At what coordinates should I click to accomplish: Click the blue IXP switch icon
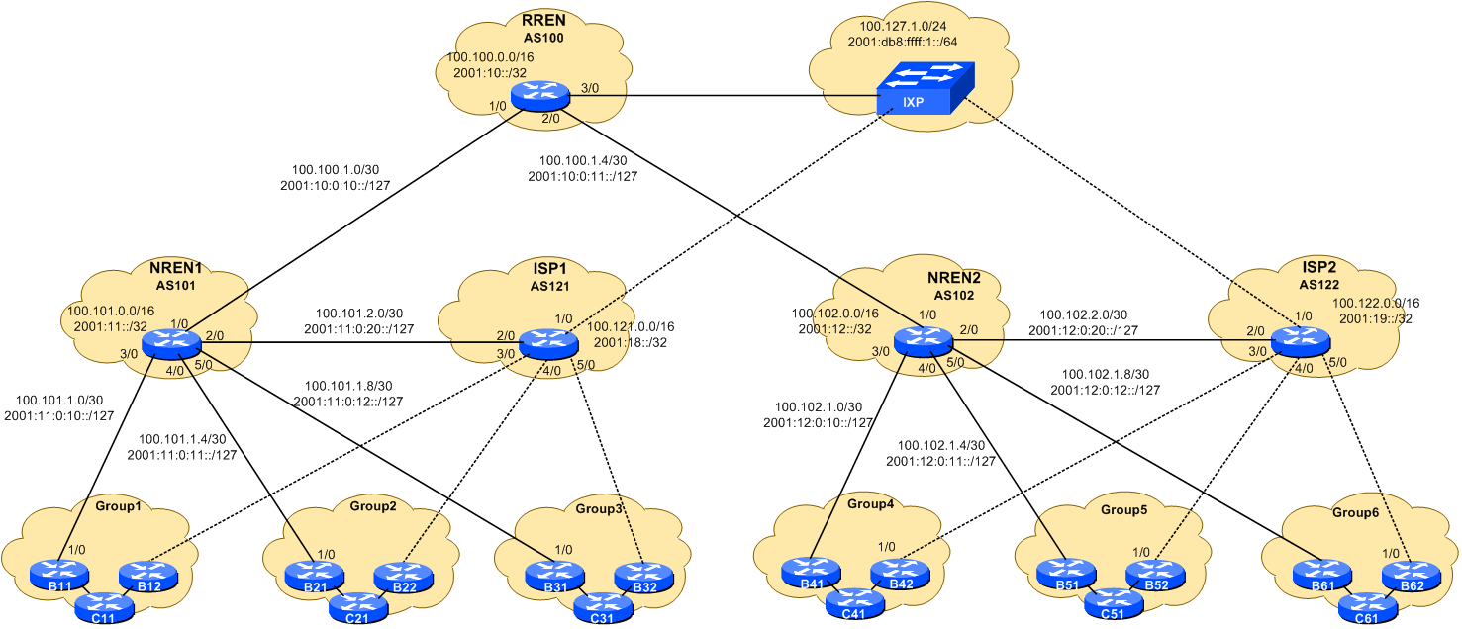click(x=925, y=89)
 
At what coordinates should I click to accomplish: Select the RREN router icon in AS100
click(x=540, y=97)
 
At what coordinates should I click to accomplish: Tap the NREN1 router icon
click(x=171, y=343)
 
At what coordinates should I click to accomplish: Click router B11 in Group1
click(x=58, y=572)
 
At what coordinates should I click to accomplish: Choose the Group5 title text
click(x=1123, y=510)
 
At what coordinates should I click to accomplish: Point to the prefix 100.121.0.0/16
click(x=632, y=326)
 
